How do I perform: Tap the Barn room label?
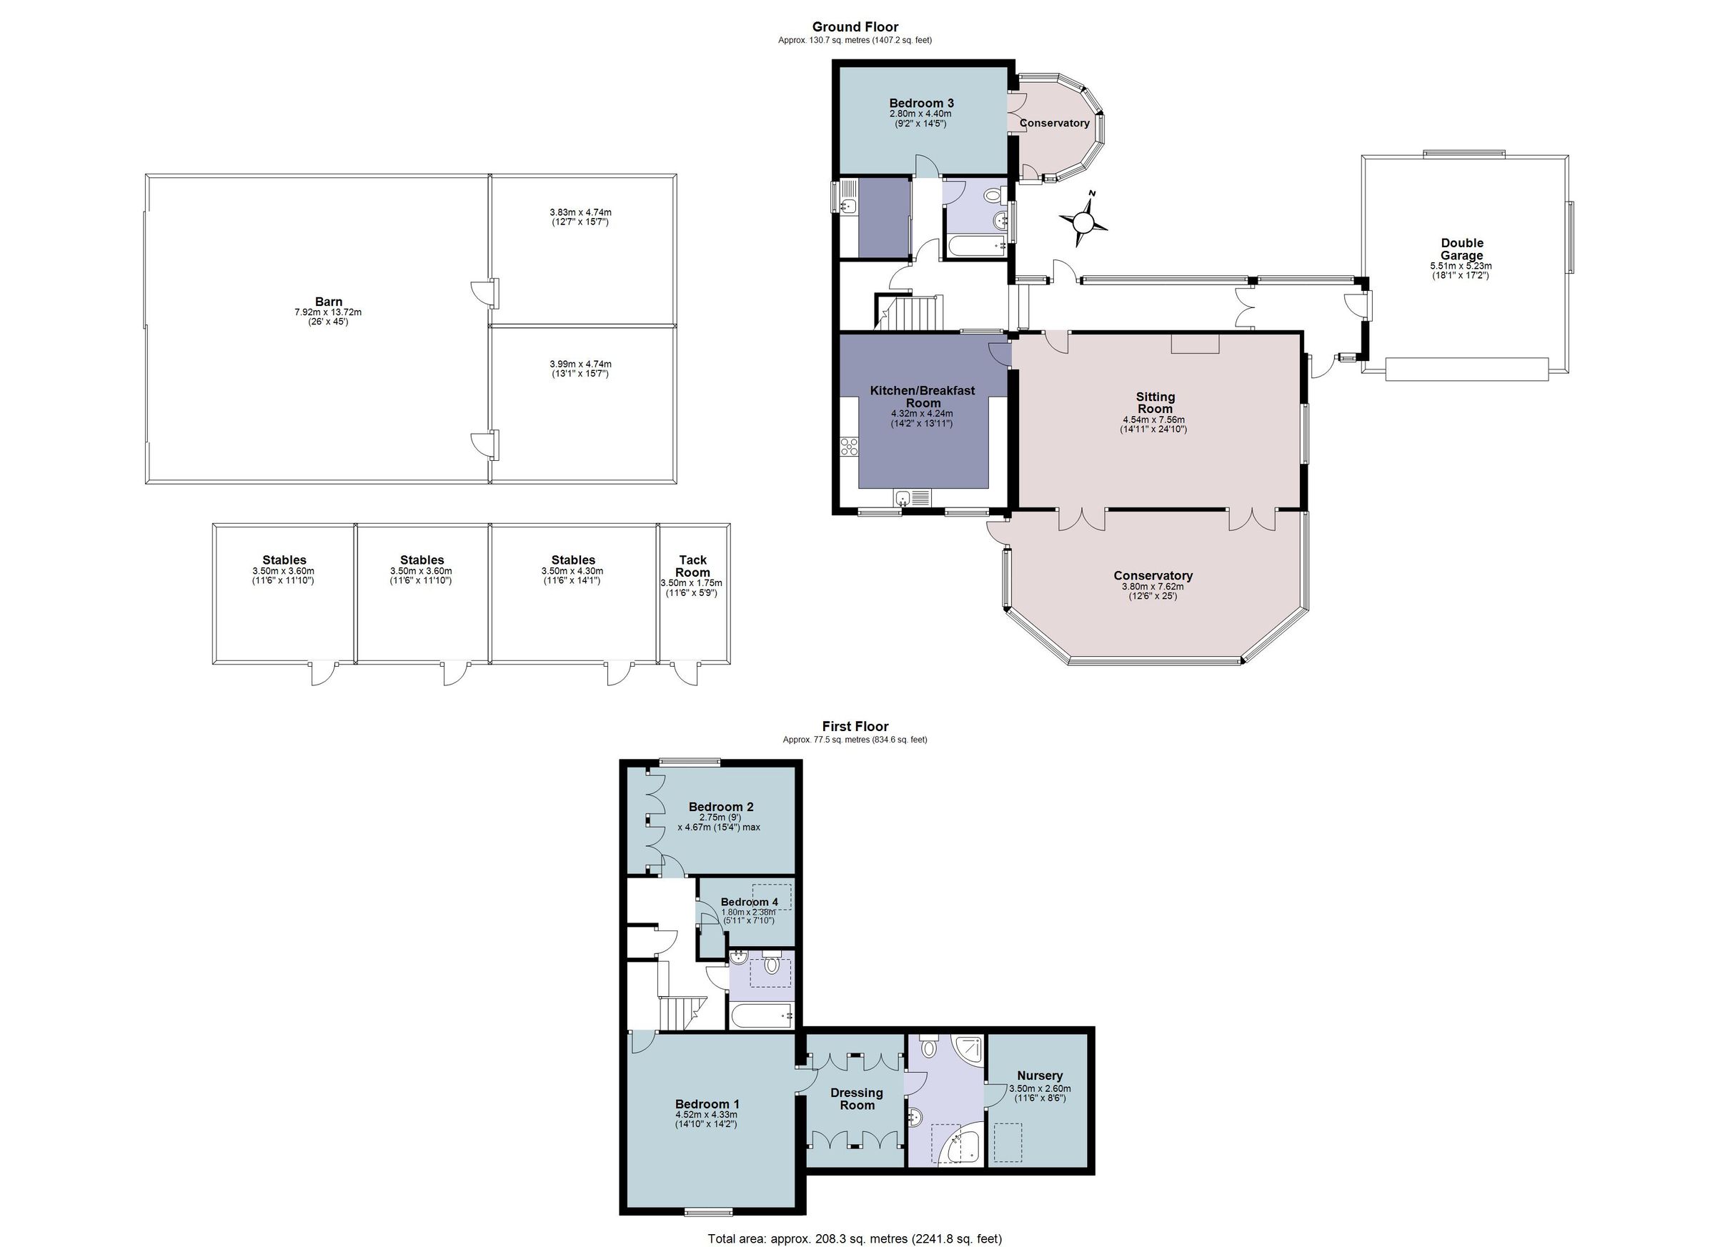click(x=328, y=302)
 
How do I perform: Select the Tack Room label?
click(x=692, y=567)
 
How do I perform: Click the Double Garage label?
click(x=1462, y=249)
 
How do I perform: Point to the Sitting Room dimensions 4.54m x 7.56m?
click(x=1153, y=419)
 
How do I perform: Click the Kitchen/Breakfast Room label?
click(x=923, y=397)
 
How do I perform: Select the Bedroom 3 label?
click(x=921, y=103)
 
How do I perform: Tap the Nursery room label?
click(x=1040, y=1075)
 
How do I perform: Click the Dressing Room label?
click(x=857, y=1099)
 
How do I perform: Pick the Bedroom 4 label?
click(x=749, y=902)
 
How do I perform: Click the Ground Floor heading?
click(x=855, y=27)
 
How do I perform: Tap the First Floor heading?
click(x=855, y=727)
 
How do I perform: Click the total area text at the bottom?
click(x=855, y=1238)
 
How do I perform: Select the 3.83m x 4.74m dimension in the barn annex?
click(x=580, y=212)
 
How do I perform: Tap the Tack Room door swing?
click(x=687, y=673)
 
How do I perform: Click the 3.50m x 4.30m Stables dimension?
click(x=572, y=571)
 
